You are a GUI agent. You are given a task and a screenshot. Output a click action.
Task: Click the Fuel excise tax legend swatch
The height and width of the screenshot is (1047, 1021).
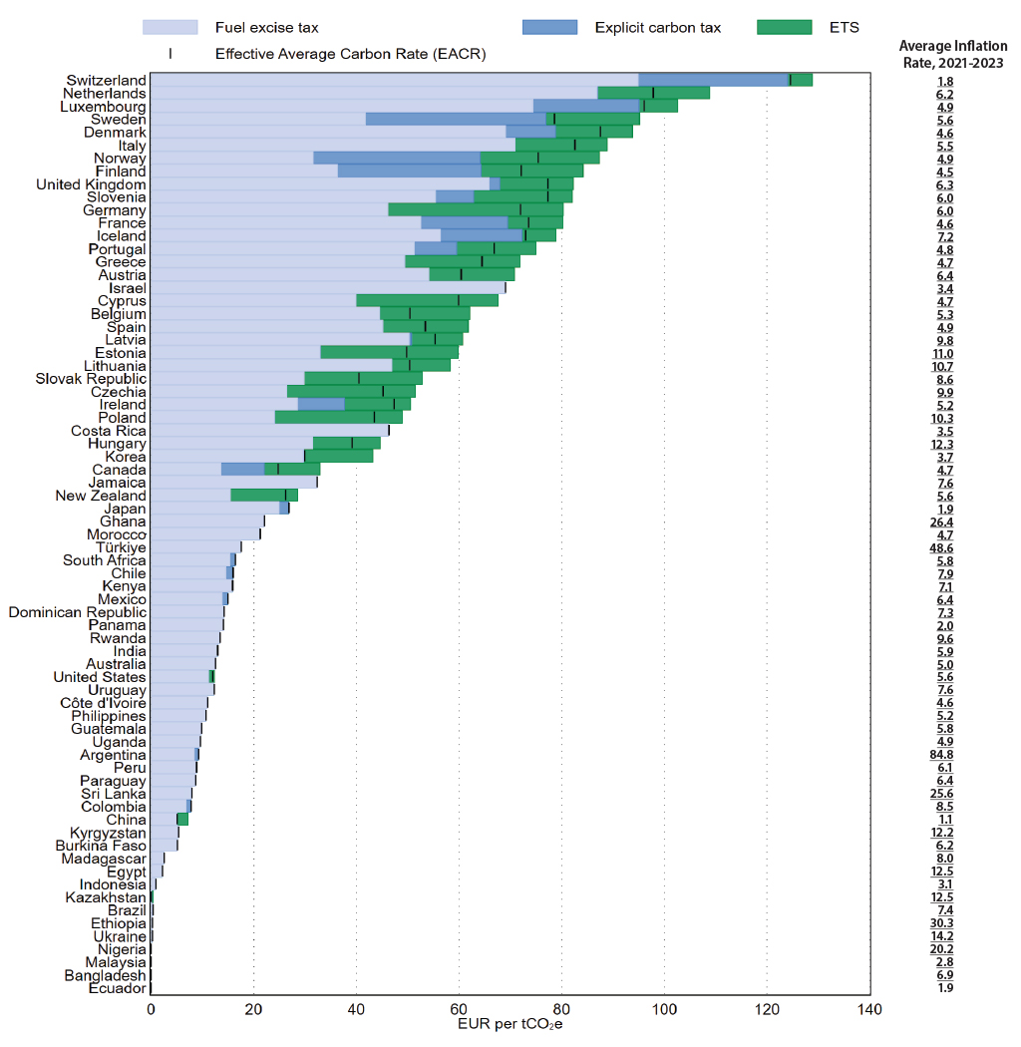[170, 27]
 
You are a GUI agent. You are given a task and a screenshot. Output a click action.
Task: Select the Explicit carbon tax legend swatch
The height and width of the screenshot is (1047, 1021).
[549, 27]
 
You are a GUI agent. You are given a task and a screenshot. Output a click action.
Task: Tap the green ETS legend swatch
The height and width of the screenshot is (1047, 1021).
[785, 27]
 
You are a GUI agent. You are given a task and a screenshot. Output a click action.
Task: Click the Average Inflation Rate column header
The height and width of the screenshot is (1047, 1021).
[952, 53]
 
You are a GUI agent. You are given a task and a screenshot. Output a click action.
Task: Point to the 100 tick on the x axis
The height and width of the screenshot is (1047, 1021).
[663, 1010]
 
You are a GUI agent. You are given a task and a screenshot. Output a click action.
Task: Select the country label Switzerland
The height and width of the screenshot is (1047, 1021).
[106, 81]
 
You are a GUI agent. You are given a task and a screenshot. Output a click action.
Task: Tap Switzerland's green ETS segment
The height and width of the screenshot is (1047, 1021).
[801, 81]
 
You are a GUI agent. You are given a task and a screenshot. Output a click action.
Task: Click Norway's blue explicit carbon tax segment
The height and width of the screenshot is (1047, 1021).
[397, 159]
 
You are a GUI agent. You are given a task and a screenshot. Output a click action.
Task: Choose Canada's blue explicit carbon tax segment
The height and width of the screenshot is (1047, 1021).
[242, 470]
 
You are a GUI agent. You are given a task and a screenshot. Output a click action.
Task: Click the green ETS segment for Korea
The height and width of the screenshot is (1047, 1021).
[339, 457]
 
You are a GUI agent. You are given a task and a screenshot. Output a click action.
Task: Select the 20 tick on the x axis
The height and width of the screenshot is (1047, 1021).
[253, 1010]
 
